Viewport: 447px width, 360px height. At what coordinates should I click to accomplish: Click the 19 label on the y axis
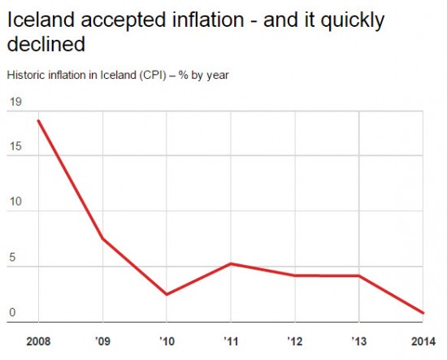15,102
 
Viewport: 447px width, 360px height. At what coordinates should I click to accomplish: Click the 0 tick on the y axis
12,313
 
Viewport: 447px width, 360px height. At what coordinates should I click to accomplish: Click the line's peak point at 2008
38,120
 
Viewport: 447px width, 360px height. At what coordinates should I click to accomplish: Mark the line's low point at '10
167,294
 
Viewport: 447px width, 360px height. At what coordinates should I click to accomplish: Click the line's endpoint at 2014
423,313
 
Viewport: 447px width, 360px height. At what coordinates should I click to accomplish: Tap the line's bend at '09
102,239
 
